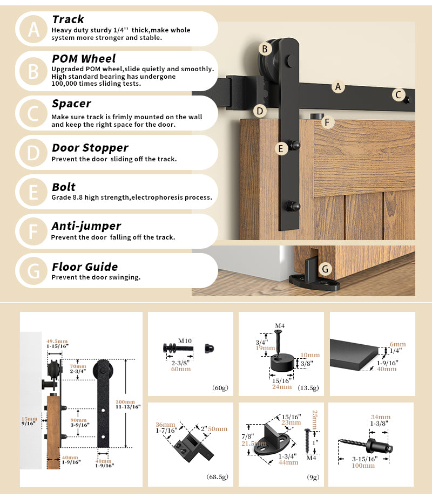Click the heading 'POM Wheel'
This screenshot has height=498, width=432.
84,58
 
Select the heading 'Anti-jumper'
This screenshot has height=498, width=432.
86,226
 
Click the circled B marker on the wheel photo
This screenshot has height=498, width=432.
265,49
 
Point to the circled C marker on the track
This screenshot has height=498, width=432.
398,95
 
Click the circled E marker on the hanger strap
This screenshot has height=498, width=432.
281,149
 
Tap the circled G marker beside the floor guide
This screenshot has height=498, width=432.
325,268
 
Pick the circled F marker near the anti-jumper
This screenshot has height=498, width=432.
326,122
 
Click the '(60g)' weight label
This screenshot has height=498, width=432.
219,387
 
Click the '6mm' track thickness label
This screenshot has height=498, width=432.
397,344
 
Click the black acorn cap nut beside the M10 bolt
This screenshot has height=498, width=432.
209,347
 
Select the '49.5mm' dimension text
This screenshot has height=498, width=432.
57,342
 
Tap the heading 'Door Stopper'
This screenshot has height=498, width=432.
90,148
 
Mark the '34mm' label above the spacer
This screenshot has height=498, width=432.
381,417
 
